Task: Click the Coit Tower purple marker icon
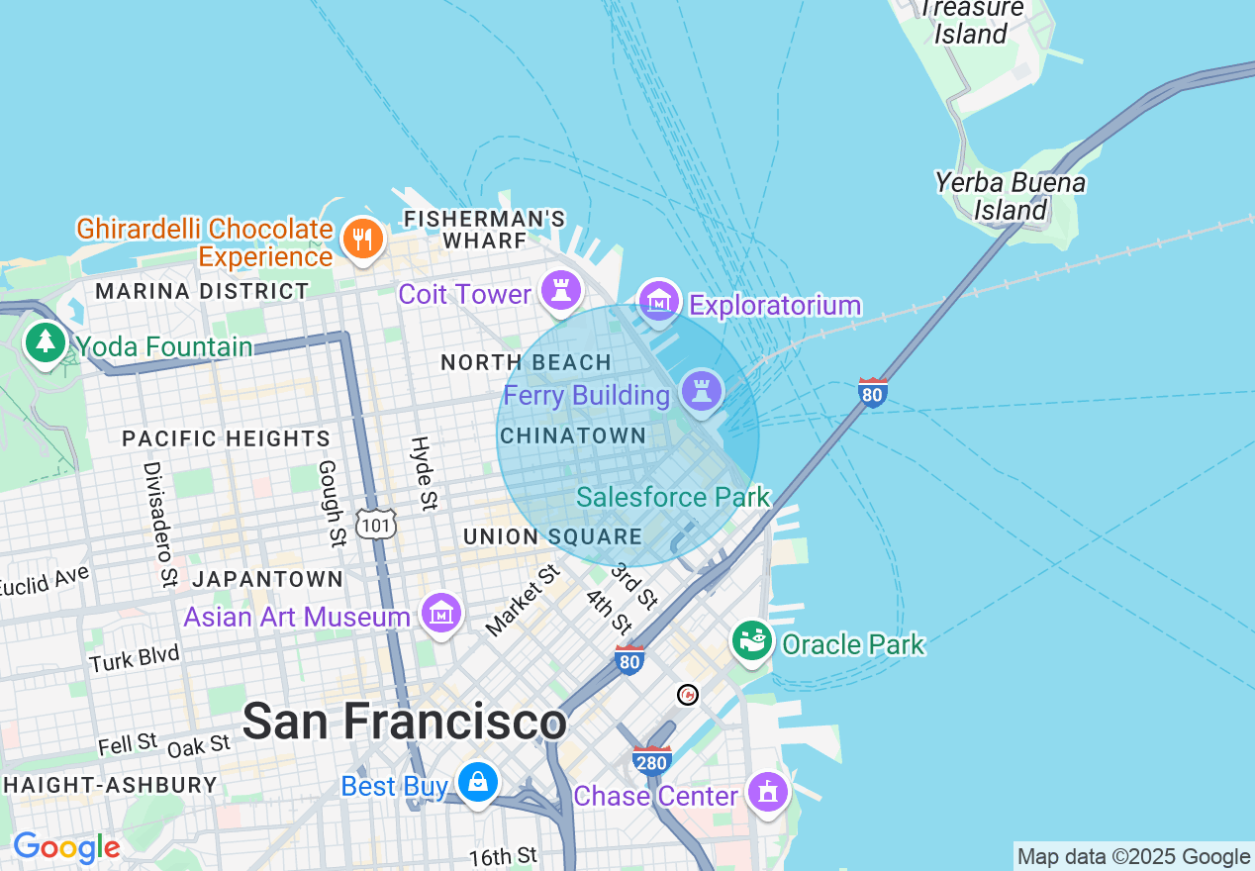pyautogui.click(x=562, y=291)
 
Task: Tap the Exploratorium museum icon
pyautogui.click(x=659, y=301)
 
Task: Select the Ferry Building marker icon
pyautogui.click(x=702, y=390)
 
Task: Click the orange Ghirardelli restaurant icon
pyautogui.click(x=362, y=240)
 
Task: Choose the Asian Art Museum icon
pyautogui.click(x=441, y=614)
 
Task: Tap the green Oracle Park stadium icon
pyautogui.click(x=752, y=641)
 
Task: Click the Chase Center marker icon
pyautogui.click(x=768, y=793)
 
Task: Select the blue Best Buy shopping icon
pyautogui.click(x=478, y=783)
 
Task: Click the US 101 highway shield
pyautogui.click(x=377, y=524)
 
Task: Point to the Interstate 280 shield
pyautogui.click(x=652, y=760)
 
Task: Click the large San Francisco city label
pyautogui.click(x=404, y=721)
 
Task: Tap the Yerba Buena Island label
pyautogui.click(x=1010, y=196)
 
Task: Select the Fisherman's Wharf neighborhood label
pyautogui.click(x=485, y=229)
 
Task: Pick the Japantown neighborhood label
pyautogui.click(x=267, y=579)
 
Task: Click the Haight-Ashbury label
pyautogui.click(x=109, y=785)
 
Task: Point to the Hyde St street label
pyautogui.click(x=423, y=473)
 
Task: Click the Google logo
pyautogui.click(x=66, y=847)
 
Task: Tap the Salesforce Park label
pyautogui.click(x=673, y=497)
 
